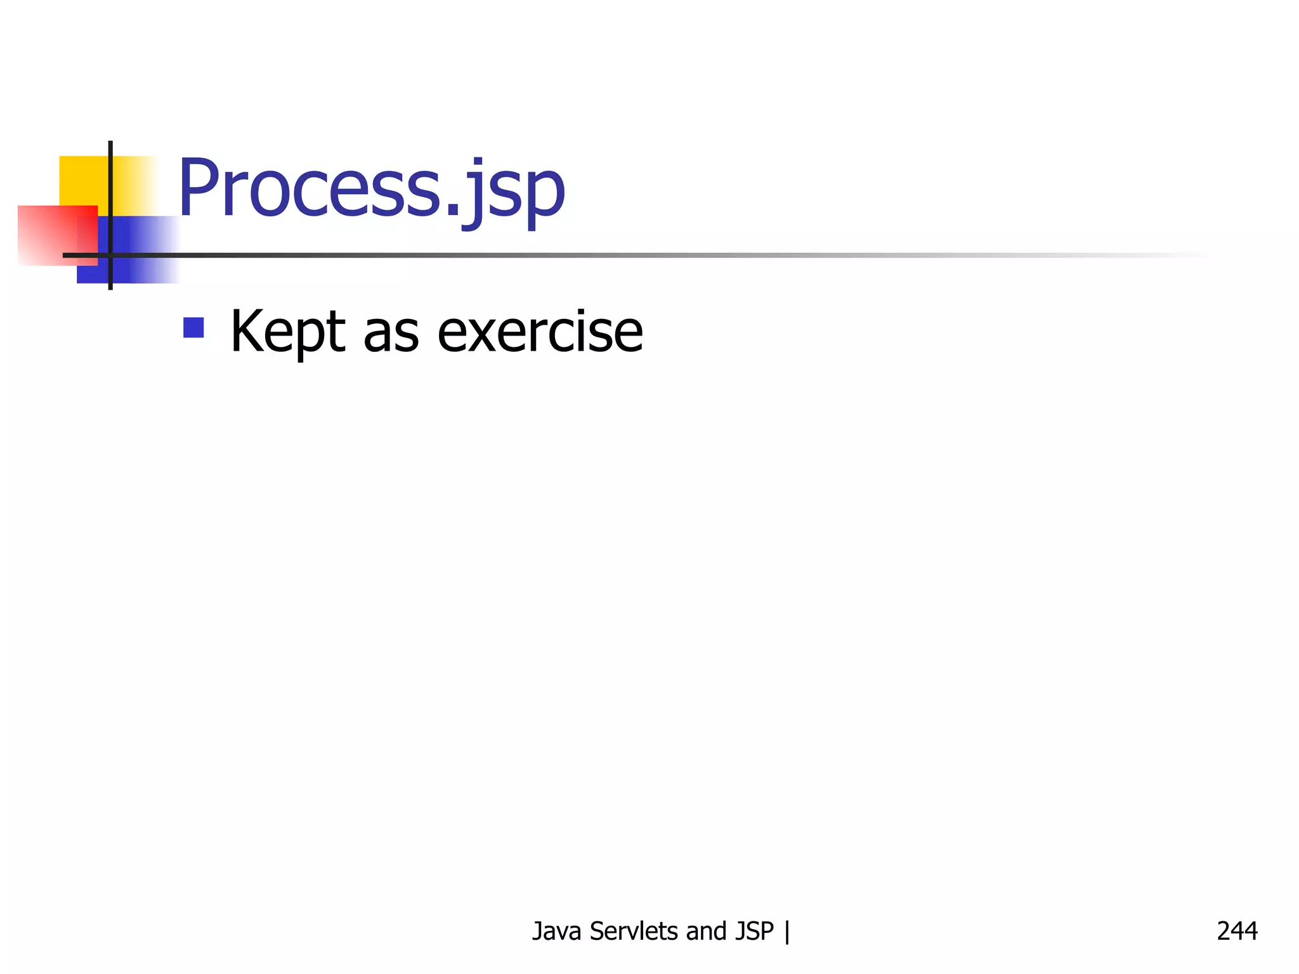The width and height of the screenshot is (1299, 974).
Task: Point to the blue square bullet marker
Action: (193, 327)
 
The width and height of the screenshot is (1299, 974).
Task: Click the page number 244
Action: (1237, 931)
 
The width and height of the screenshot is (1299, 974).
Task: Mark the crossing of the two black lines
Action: (110, 255)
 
